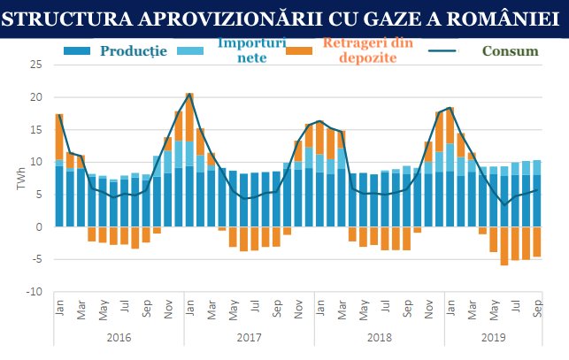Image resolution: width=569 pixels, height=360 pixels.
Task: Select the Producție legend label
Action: tap(134, 50)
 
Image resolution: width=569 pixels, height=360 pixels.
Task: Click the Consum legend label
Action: tap(509, 50)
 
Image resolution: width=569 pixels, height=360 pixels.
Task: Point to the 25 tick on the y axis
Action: tap(36, 65)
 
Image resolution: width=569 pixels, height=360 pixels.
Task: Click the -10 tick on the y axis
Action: tap(35, 292)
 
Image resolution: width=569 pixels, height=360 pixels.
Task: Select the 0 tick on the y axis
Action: tap(40, 227)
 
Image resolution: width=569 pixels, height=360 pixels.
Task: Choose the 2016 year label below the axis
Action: tap(118, 338)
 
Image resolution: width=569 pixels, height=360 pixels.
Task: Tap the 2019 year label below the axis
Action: tap(493, 338)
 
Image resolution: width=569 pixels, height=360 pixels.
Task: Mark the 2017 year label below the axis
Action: tap(250, 338)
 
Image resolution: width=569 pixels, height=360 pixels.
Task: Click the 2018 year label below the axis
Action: tap(379, 338)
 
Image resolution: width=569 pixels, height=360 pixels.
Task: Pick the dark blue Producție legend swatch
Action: tap(78, 50)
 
